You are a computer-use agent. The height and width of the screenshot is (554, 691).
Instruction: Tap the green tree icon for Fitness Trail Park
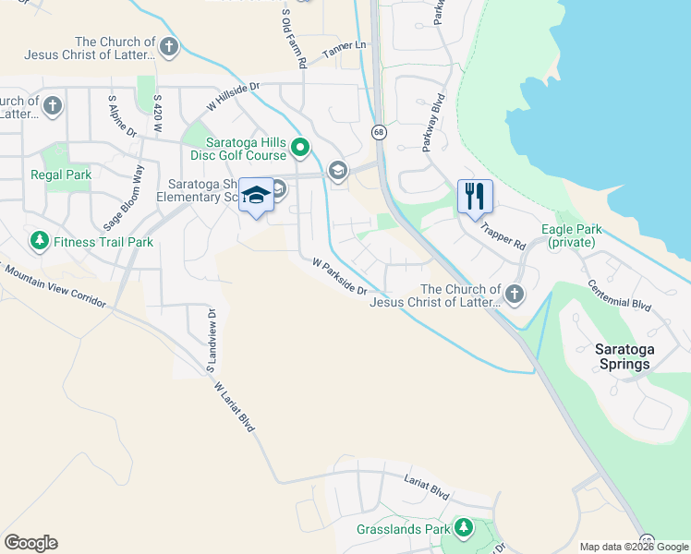tap(39, 242)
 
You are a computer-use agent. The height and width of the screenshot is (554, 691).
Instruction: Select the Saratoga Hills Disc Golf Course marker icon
tap(300, 147)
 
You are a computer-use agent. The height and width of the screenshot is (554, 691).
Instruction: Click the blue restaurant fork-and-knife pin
tap(475, 197)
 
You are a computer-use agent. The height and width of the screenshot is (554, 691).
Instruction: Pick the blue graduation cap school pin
tap(256, 196)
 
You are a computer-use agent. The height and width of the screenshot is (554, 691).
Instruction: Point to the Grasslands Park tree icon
tap(463, 528)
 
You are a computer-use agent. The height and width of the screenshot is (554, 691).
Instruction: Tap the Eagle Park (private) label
tap(573, 236)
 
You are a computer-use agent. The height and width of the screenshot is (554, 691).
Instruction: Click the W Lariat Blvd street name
tap(233, 406)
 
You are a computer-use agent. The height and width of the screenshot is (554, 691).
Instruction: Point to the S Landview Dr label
tap(212, 338)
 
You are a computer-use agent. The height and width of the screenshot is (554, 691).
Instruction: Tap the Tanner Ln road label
tap(345, 52)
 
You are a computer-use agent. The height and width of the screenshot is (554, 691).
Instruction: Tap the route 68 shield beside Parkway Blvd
tap(379, 133)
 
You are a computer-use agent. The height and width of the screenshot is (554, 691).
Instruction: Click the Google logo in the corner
tap(30, 543)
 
